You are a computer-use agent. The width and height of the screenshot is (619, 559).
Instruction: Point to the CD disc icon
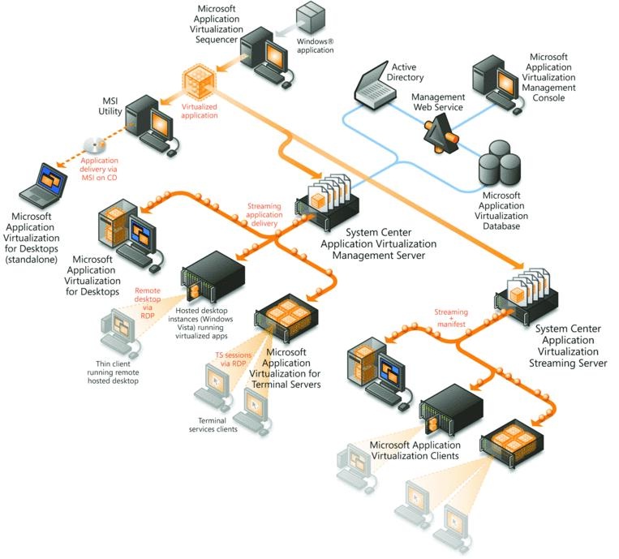(x=95, y=145)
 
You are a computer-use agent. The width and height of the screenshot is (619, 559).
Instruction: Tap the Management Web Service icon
(x=439, y=131)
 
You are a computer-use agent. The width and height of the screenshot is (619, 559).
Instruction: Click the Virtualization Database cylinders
(x=498, y=166)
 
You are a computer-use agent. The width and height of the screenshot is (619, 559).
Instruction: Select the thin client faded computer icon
(x=117, y=332)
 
